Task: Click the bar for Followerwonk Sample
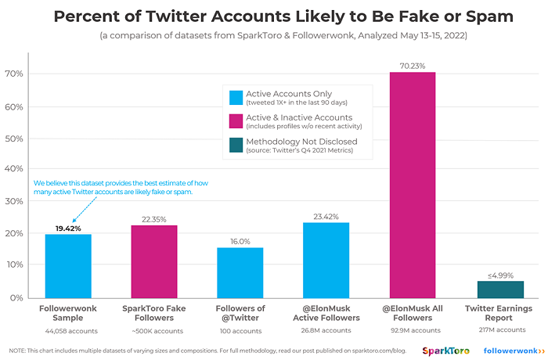pos(68,265)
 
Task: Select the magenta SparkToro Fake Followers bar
pos(154,261)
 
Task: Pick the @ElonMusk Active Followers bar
pos(326,259)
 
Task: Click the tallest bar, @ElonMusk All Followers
pos(412,185)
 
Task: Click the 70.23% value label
pos(412,66)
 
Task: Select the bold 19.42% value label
pos(68,228)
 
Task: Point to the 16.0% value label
pos(240,241)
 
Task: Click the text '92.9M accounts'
pos(412,330)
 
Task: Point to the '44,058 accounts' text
pos(68,330)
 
